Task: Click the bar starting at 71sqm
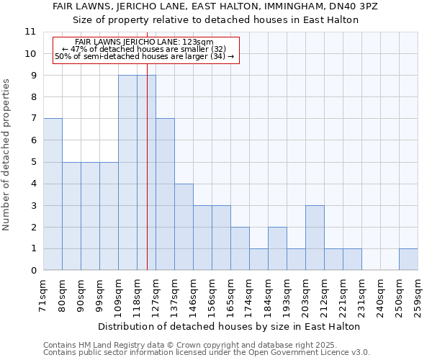click(53, 194)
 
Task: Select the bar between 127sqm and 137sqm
click(165, 194)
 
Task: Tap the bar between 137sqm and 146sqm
click(184, 227)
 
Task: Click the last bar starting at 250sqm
click(408, 259)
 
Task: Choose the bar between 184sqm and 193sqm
click(277, 248)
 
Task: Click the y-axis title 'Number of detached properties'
click(6, 155)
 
